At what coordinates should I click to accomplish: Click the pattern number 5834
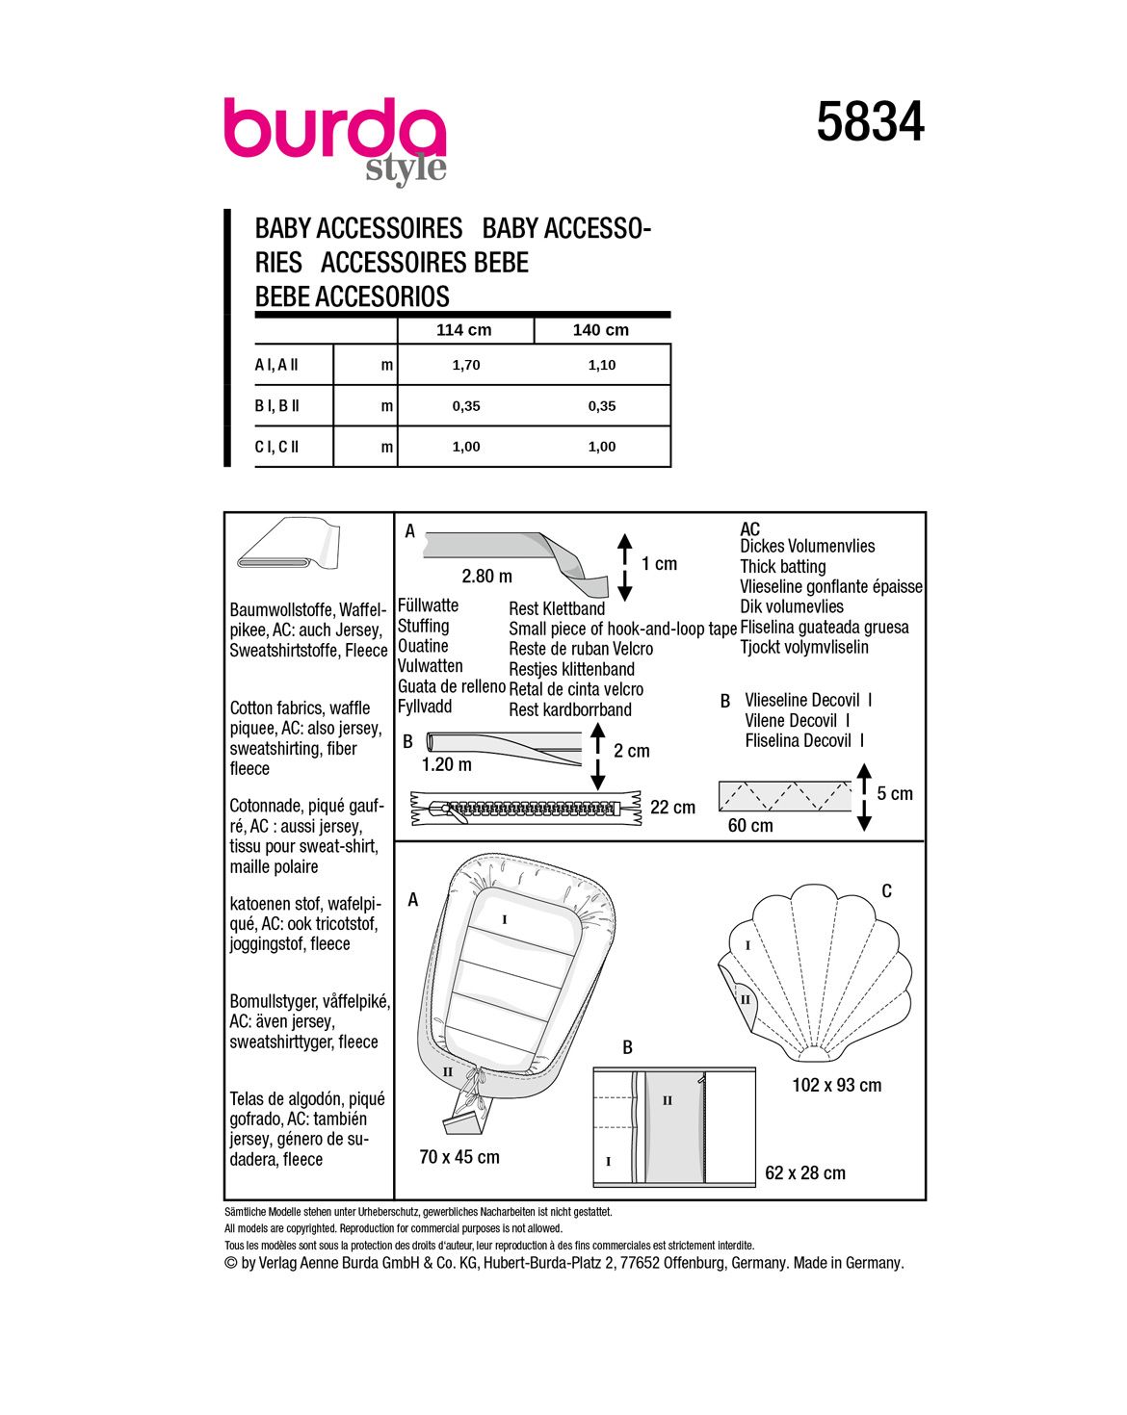[x=870, y=123]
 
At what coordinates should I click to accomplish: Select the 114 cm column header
[x=463, y=330]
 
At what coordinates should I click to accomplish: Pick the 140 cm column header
[x=600, y=330]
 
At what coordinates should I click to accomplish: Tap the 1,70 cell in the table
[x=466, y=366]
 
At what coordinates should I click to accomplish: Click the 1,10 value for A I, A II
[x=602, y=366]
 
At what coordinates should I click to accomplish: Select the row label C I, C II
[x=277, y=447]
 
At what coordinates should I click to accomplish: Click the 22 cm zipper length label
[x=672, y=808]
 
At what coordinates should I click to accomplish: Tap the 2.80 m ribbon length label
[x=486, y=577]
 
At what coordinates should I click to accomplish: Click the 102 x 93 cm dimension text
[x=836, y=1086]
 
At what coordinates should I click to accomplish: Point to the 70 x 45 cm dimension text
[x=459, y=1157]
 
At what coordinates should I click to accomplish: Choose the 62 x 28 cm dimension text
[x=804, y=1173]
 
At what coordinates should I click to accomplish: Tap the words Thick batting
[x=782, y=567]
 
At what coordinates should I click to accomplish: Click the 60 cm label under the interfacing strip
[x=749, y=826]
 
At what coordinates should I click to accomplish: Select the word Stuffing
[x=423, y=626]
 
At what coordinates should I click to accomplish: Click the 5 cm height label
[x=894, y=794]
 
